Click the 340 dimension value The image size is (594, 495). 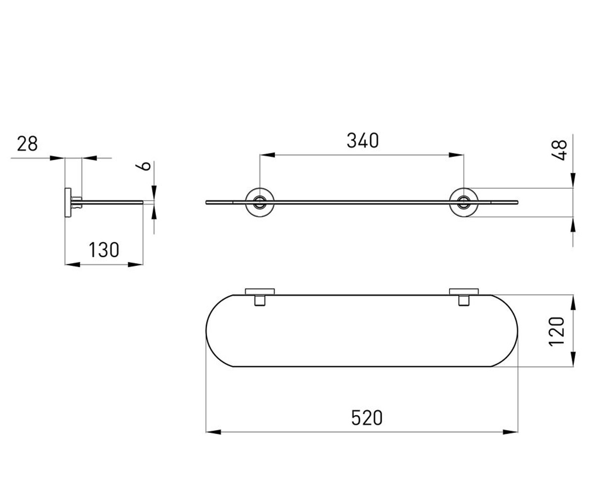[x=363, y=141]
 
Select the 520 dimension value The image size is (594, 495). [x=367, y=418]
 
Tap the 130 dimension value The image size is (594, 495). [x=104, y=250]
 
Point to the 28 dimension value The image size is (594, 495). [x=27, y=144]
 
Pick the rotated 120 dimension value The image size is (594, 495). [x=556, y=332]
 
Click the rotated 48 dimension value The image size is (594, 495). [x=559, y=150]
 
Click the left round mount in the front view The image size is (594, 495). [x=260, y=202]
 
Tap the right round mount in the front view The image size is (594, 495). [x=464, y=202]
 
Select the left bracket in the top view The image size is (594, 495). [x=260, y=297]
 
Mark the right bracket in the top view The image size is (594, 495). [x=464, y=297]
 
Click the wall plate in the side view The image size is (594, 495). [x=68, y=202]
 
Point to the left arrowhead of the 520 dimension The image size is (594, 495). [x=213, y=432]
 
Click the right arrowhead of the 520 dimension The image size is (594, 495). [x=510, y=432]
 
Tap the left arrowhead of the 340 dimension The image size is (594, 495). [x=267, y=155]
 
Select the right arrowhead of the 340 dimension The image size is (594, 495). [x=456, y=155]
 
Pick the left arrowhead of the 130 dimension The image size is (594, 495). [x=73, y=264]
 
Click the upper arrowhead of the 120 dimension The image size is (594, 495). [x=573, y=302]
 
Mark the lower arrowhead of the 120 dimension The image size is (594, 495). [x=573, y=359]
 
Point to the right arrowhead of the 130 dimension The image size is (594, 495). [x=135, y=264]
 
